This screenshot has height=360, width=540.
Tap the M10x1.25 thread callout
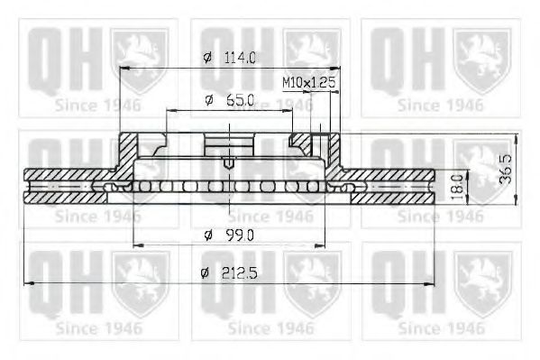pos(308,82)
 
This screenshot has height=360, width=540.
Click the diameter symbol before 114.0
pos(207,58)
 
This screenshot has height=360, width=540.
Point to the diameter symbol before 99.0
pos(207,235)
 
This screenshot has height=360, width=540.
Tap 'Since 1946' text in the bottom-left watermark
pos(98,328)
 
